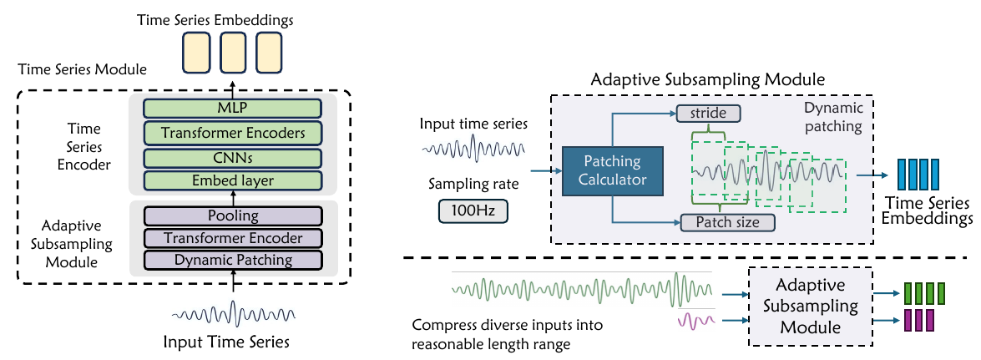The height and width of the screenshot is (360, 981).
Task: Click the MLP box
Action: pos(232,108)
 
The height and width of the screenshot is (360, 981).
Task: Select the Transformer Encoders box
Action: pos(232,132)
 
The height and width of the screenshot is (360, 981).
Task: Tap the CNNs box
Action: pos(232,157)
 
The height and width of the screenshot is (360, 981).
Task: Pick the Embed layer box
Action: pos(232,180)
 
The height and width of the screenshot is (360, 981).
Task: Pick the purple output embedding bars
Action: pos(918,319)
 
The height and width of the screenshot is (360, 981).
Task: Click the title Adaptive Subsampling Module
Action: pos(707,80)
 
